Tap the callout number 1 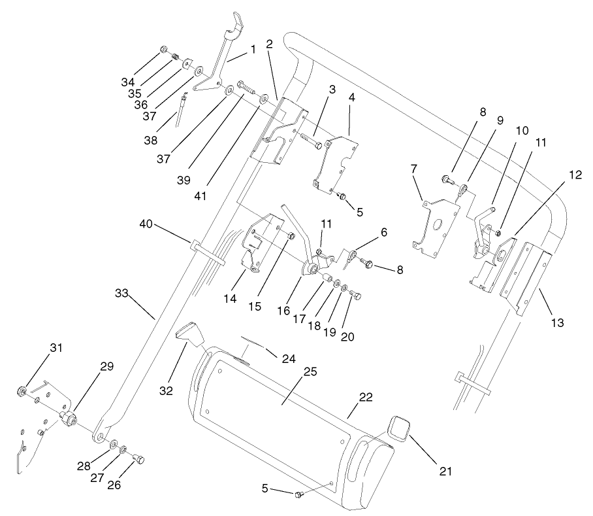253,50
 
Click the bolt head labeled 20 355,296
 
